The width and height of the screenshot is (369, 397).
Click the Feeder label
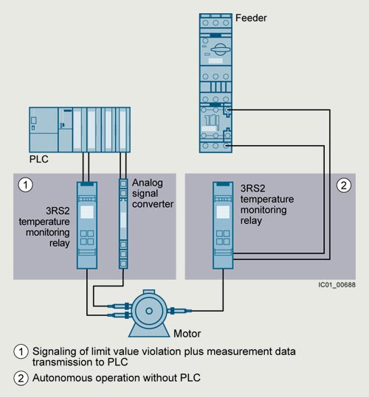(251, 18)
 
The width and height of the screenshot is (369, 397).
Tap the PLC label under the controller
(39, 159)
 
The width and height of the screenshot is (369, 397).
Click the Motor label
(187, 334)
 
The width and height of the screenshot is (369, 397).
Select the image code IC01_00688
(337, 285)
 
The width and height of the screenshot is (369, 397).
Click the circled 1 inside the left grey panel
(25, 185)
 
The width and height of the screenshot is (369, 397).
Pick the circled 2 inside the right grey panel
(344, 186)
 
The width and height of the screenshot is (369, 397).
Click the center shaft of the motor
(149, 311)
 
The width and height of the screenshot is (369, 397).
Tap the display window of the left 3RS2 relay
(87, 212)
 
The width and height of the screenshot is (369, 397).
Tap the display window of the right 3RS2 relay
(223, 212)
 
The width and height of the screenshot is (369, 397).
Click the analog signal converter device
(123, 224)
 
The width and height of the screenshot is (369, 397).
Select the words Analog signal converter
(153, 194)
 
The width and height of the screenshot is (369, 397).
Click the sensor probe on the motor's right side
(179, 311)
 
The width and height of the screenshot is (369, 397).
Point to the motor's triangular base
(149, 331)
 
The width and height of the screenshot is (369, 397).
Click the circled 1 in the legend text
(21, 351)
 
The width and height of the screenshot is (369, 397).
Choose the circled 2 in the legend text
(21, 379)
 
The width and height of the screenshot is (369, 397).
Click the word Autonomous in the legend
(63, 378)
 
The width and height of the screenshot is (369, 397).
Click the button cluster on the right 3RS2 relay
(223, 237)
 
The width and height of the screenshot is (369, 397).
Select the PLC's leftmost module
(44, 130)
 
